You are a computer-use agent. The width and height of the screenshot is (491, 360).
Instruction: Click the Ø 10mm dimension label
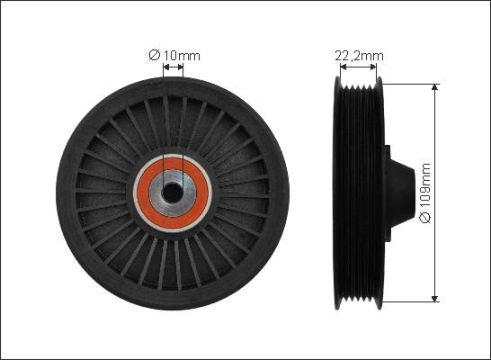tap(174, 56)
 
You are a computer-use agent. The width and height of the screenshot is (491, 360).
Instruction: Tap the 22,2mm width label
tap(359, 56)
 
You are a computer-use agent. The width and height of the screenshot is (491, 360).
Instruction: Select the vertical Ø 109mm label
tap(426, 193)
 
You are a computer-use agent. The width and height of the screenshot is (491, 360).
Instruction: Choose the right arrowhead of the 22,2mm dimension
tap(383, 67)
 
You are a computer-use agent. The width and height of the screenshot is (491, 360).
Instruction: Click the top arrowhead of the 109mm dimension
tap(436, 88)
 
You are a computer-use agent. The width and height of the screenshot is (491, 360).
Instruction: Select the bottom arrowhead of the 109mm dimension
tap(436, 297)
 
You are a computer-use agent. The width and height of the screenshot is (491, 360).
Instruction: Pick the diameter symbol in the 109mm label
tap(426, 220)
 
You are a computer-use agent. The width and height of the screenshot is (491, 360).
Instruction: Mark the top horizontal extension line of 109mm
tap(409, 83)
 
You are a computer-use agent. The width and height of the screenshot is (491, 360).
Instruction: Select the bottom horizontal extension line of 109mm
tap(409, 301)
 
